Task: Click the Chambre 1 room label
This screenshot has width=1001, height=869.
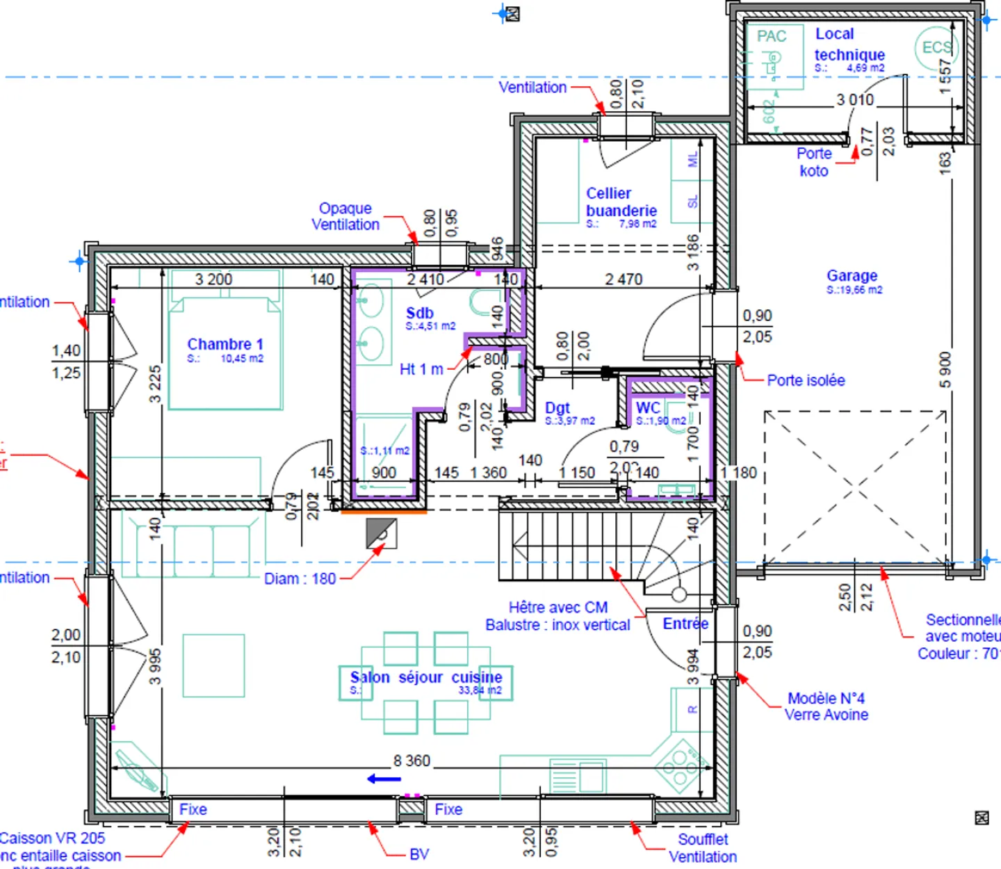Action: coord(225,345)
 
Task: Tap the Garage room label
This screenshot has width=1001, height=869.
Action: coord(852,276)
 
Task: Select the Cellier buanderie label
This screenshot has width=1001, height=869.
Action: coord(620,202)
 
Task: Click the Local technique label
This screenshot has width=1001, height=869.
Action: coord(849,44)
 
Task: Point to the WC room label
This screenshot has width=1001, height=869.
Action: coord(648,408)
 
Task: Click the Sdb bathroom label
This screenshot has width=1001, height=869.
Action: coord(420,314)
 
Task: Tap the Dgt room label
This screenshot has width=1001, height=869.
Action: coord(558,408)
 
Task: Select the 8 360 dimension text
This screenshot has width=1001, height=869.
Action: coord(412,761)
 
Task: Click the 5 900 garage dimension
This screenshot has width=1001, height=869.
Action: coord(945,370)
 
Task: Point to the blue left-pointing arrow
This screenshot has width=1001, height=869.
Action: coord(384,779)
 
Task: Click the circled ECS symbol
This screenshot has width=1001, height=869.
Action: coord(936,48)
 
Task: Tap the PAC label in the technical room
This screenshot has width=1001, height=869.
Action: coord(772,37)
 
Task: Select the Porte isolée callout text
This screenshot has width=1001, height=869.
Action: coord(806,380)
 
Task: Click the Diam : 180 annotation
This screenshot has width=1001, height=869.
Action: coord(300,579)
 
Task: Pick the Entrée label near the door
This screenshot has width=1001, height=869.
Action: coord(685,624)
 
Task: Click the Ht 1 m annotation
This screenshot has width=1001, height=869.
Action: coord(421,370)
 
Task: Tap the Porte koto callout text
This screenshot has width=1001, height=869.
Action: coord(814,162)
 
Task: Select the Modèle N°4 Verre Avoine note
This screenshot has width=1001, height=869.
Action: coord(826,706)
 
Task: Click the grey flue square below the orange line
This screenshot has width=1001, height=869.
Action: coord(381,533)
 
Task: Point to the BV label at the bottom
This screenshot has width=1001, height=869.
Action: coord(419,854)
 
